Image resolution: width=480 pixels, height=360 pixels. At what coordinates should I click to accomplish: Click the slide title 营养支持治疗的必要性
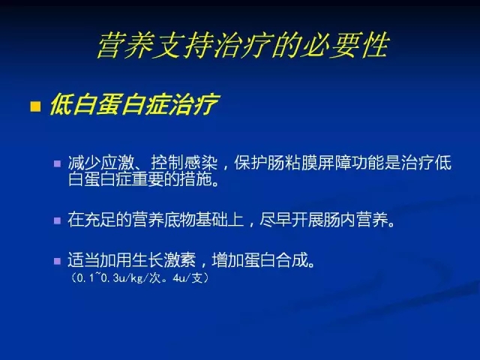(x=243, y=45)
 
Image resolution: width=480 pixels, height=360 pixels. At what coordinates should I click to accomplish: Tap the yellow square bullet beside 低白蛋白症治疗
(x=35, y=106)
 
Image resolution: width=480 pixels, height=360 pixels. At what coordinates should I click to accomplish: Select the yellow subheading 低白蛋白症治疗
(x=134, y=104)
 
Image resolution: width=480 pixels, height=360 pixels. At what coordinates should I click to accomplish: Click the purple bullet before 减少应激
(x=57, y=163)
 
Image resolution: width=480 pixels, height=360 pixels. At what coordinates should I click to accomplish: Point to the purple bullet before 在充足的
(x=57, y=220)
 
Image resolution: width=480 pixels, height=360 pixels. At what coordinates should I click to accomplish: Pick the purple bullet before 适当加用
(x=57, y=261)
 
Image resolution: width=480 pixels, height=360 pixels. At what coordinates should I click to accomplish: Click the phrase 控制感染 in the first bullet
(x=184, y=163)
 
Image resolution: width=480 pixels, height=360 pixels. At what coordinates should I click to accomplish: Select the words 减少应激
(x=100, y=163)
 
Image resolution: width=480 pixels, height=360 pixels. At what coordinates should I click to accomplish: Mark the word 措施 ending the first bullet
(x=195, y=179)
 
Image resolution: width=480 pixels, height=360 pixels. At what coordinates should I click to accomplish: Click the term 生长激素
(x=163, y=260)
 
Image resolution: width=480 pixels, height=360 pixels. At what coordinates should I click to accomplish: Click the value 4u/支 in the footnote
(x=188, y=278)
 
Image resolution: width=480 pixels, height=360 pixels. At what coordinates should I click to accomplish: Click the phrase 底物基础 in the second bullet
(x=195, y=220)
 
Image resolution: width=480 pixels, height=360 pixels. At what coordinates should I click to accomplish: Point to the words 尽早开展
(x=291, y=220)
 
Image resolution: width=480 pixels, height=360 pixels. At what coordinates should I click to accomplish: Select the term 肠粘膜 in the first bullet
(x=292, y=163)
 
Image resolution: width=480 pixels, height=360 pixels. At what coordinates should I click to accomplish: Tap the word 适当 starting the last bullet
(x=84, y=260)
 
